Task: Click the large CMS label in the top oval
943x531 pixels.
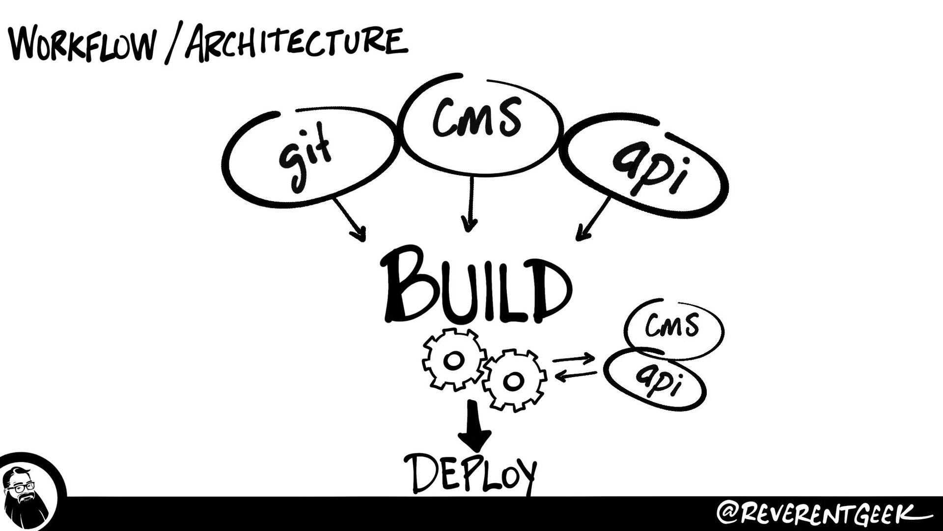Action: (x=476, y=118)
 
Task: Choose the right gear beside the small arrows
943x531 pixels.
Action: (x=514, y=380)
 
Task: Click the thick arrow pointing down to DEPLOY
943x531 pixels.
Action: (x=474, y=426)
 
